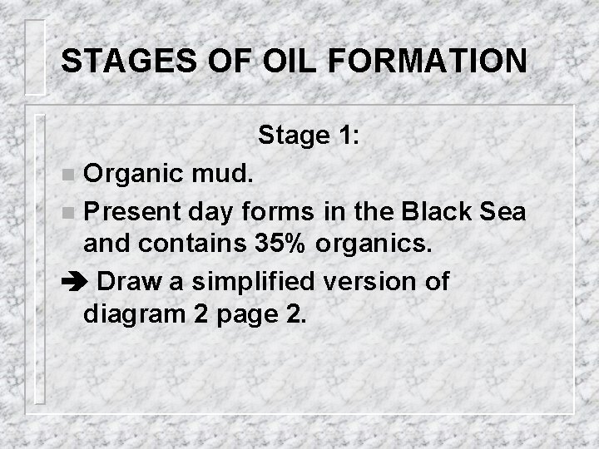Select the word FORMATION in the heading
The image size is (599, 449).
pos(426,62)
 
